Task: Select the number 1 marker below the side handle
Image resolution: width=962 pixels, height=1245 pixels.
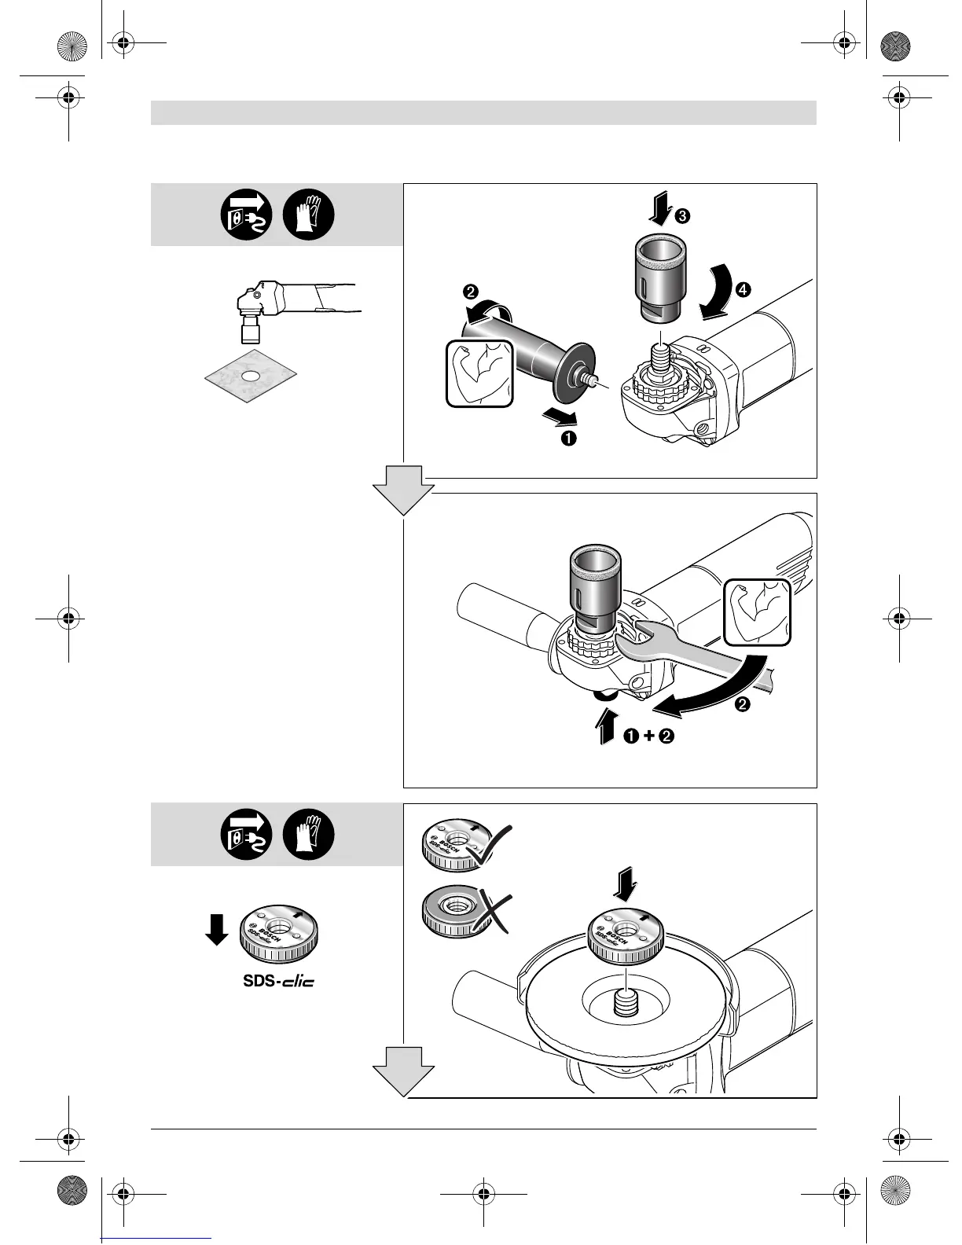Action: (x=567, y=438)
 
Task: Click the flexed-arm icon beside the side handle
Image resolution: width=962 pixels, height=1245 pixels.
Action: (x=479, y=373)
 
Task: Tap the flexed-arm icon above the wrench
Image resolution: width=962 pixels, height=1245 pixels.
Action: (x=756, y=611)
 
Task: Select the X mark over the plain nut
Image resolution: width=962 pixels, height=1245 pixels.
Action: (x=490, y=914)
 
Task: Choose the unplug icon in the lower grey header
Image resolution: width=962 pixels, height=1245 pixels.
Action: (x=246, y=835)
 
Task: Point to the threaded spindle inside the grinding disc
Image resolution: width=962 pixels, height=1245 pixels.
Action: (x=625, y=1002)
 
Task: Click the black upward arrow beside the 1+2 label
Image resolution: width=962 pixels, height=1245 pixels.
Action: (x=606, y=725)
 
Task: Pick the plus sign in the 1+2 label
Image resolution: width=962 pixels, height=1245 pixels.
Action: (x=648, y=736)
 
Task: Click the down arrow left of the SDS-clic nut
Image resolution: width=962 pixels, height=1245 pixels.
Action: (x=216, y=929)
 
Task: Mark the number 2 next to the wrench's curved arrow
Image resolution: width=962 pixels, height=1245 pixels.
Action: (x=742, y=703)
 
